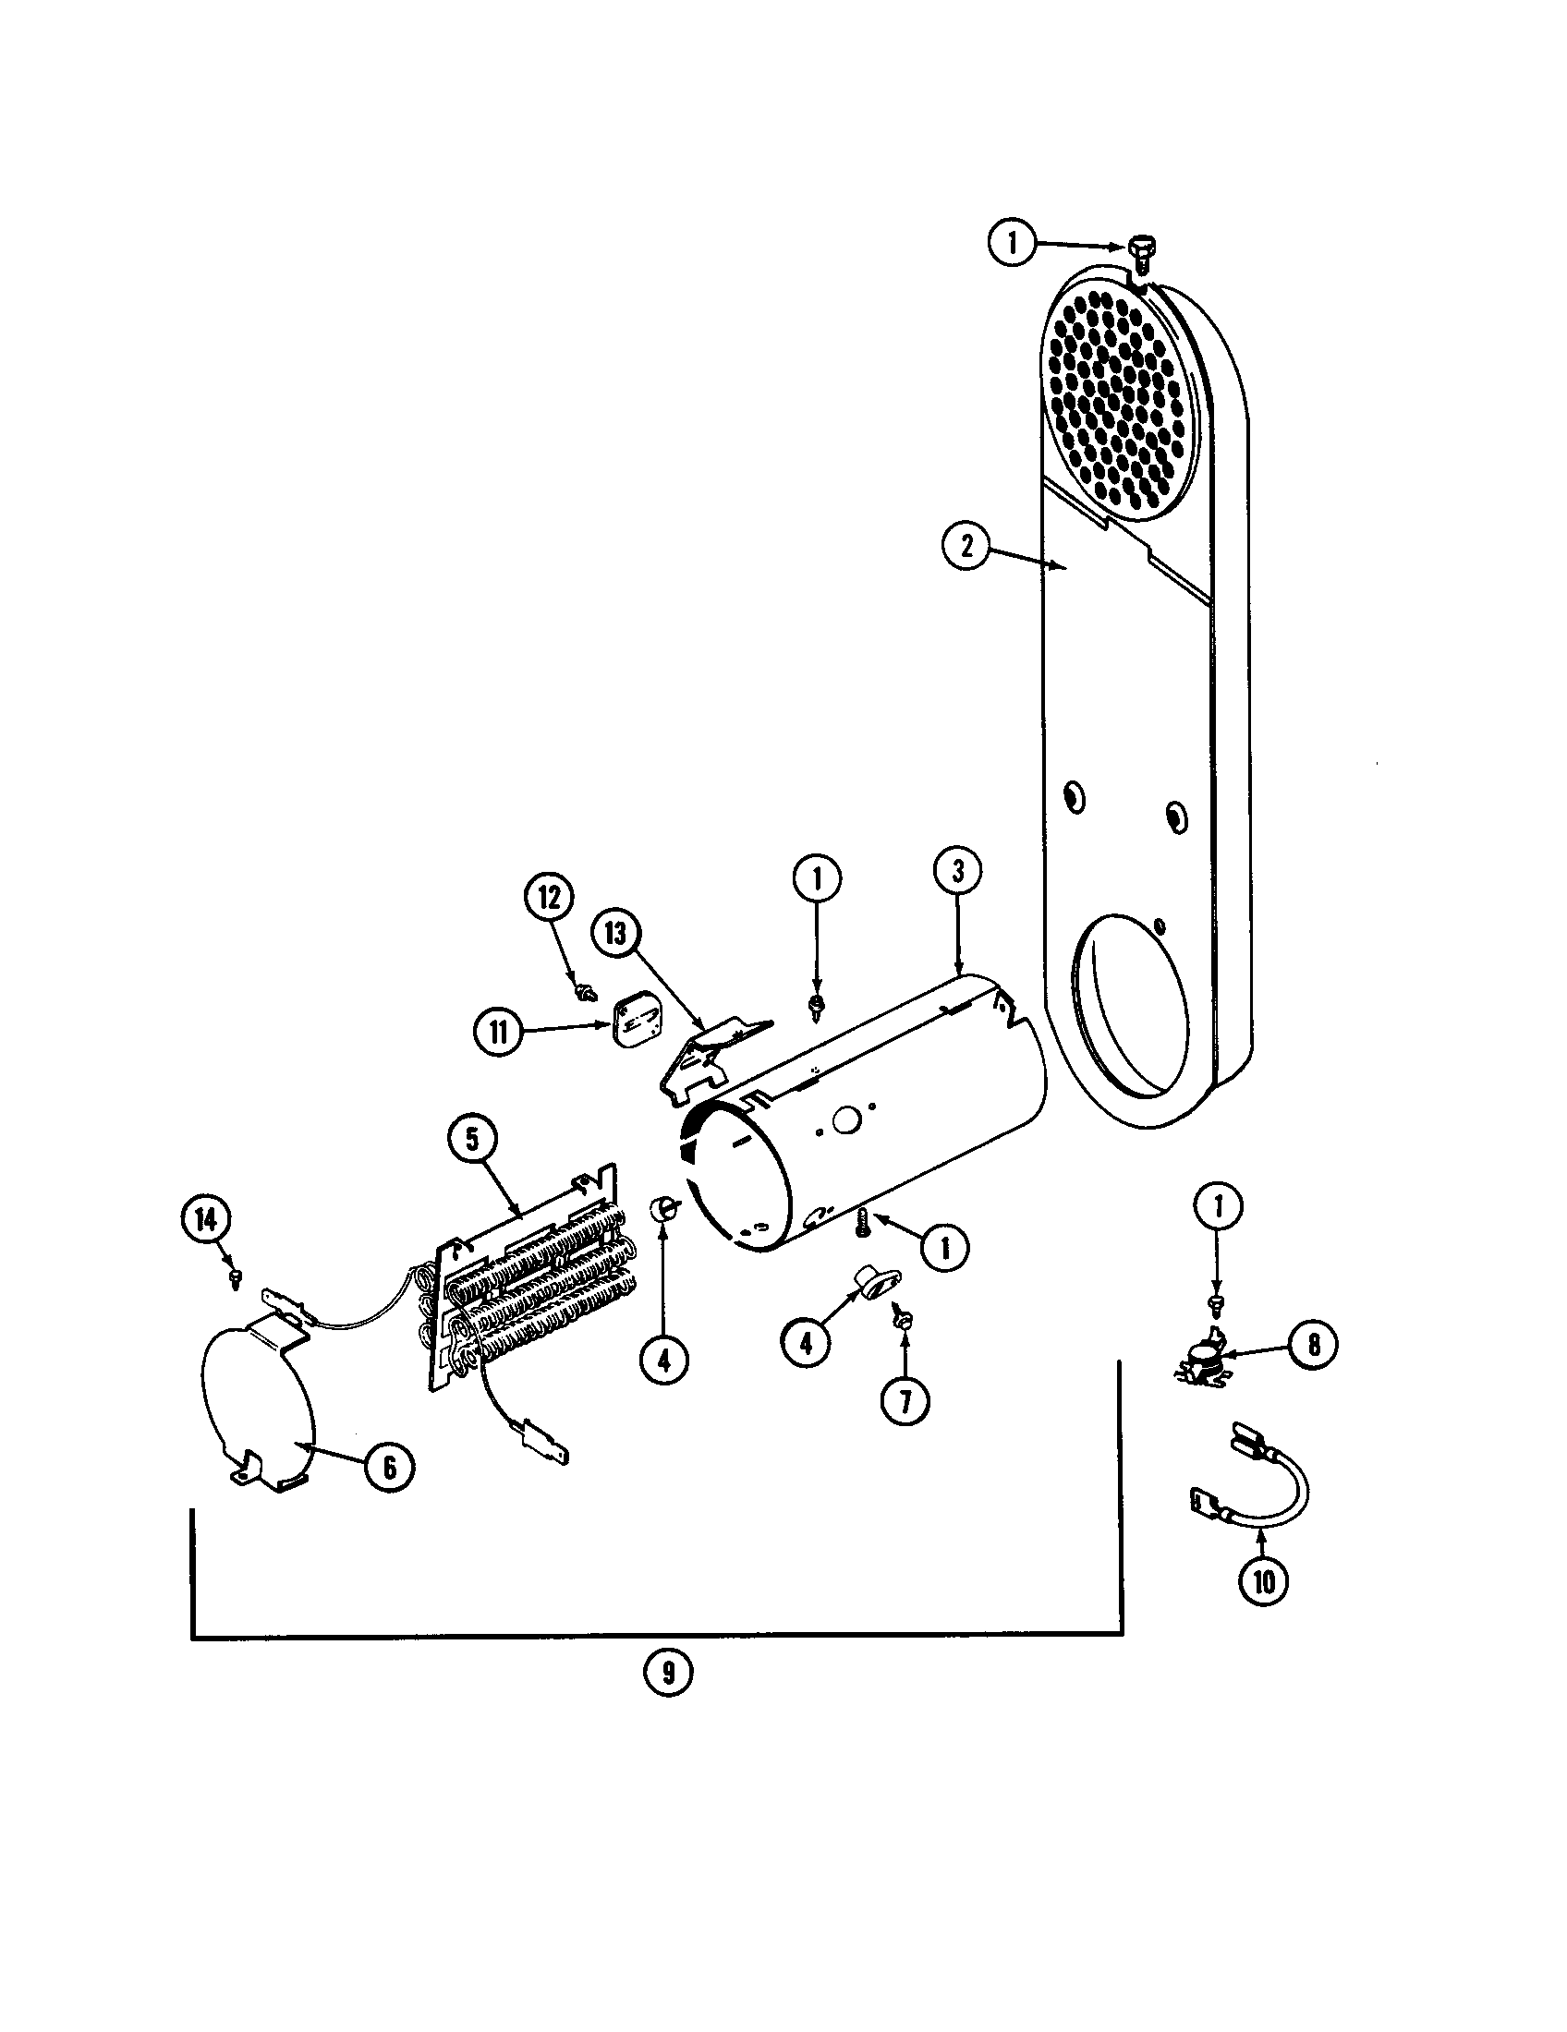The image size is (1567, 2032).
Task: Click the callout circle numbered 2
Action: click(x=966, y=546)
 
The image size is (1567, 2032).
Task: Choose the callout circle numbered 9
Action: click(x=669, y=1673)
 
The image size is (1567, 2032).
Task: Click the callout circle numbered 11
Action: click(x=500, y=1034)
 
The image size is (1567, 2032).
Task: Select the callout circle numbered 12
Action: click(x=550, y=898)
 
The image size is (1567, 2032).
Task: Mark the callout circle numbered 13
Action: click(x=615, y=933)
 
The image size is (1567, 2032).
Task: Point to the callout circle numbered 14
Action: click(x=207, y=1219)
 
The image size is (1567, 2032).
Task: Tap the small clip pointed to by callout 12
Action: click(x=584, y=993)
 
